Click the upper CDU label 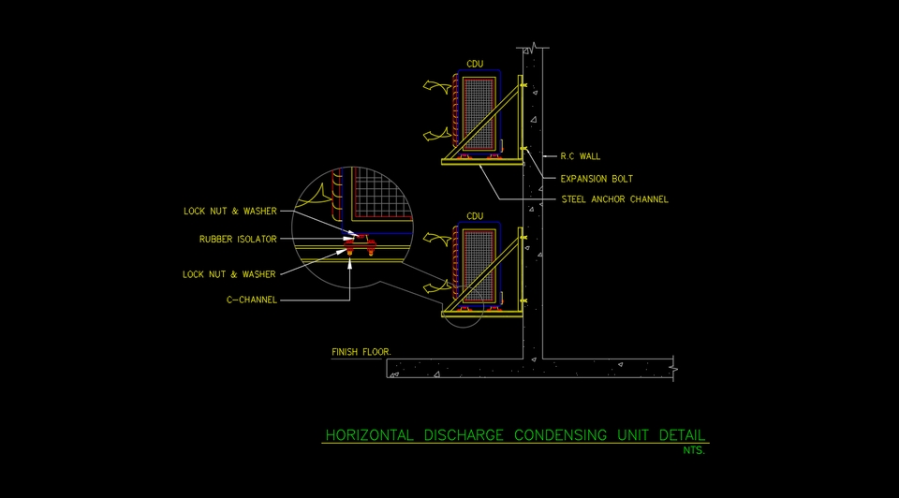475,64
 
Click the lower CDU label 475,216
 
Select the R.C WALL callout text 580,156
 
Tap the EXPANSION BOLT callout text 597,178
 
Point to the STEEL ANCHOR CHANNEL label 614,199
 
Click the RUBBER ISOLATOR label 238,240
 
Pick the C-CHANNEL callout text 251,300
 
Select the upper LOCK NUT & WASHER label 229,212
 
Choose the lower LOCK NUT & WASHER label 229,274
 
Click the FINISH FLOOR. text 361,353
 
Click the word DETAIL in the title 683,435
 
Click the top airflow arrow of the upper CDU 435,85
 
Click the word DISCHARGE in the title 463,435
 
